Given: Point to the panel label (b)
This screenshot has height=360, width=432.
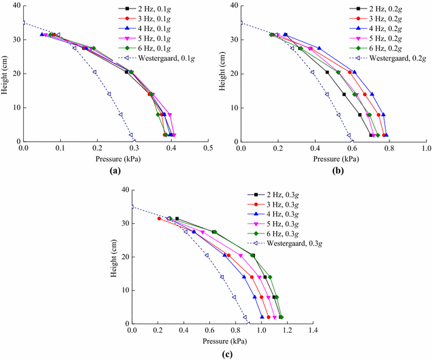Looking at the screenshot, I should click(333, 172).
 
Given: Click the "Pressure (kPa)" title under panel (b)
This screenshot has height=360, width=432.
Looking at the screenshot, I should click(333, 160).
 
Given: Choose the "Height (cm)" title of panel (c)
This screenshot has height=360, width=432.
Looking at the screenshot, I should click(115, 257).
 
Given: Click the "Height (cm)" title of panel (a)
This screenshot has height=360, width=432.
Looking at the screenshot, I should click(5, 74).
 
